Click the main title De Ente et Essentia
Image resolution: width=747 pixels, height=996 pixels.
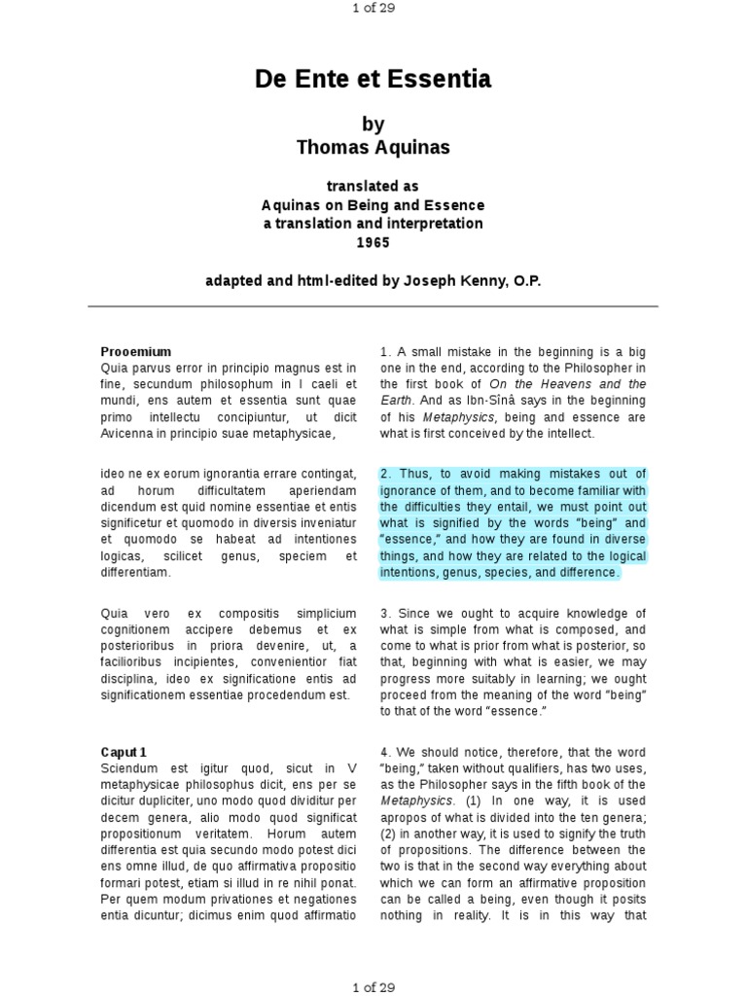coord(373,79)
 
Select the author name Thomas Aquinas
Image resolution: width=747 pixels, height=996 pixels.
coord(373,147)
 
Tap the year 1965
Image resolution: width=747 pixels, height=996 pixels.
coord(373,242)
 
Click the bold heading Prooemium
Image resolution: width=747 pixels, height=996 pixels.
coord(136,351)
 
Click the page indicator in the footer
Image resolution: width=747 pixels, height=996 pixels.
coord(373,986)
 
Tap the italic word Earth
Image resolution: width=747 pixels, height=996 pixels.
coord(395,400)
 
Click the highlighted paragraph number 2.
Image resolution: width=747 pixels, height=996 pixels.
coord(386,475)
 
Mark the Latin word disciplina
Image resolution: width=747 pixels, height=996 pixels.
coord(132,679)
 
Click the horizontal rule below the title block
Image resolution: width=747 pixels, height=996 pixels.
coord(373,306)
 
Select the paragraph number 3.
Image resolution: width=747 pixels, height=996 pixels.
coord(386,614)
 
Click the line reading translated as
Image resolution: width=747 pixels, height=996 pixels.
coord(373,187)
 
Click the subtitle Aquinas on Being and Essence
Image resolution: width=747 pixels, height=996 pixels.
coord(373,205)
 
